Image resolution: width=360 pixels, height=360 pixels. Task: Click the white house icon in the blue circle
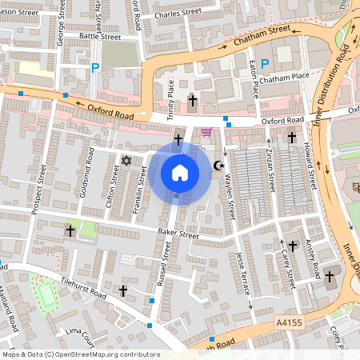click(x=180, y=173)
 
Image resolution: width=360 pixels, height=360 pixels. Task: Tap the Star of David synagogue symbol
click(x=125, y=162)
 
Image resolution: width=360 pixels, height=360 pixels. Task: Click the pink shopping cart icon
click(x=207, y=132)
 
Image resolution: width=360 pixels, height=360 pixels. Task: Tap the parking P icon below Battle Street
click(x=95, y=68)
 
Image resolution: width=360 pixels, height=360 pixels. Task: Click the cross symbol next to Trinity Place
click(x=192, y=101)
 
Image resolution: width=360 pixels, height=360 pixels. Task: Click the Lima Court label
click(x=79, y=330)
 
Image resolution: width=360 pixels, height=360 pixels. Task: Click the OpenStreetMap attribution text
click(x=80, y=354)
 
